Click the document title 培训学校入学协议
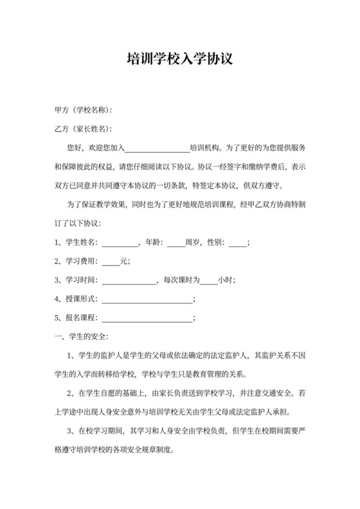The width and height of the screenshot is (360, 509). tap(179, 60)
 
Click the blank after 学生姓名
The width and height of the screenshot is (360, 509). tap(120, 243)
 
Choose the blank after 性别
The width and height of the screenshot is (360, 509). tap(237, 243)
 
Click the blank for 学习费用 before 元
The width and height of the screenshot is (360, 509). tap(111, 262)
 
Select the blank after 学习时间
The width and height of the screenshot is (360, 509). tap(129, 280)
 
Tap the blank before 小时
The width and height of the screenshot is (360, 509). tap(208, 280)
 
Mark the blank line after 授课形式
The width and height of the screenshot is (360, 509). tap(147, 299)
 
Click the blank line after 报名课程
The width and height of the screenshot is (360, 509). tap(147, 318)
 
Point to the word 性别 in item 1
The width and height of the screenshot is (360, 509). tap(215, 242)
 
